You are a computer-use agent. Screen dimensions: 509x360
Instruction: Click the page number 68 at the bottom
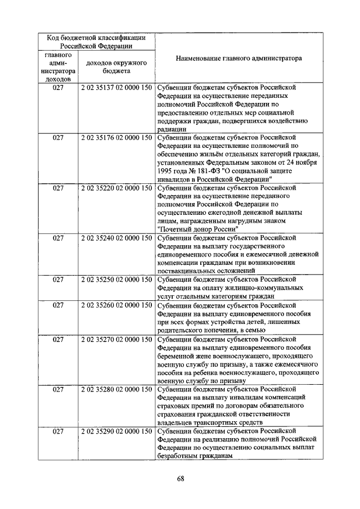(181, 478)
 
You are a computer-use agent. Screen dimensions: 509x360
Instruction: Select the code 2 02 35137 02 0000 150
(116, 88)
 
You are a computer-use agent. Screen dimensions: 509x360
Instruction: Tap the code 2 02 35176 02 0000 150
(116, 137)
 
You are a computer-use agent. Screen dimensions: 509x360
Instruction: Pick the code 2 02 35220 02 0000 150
(116, 188)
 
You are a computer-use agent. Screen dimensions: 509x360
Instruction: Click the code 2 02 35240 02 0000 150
(116, 238)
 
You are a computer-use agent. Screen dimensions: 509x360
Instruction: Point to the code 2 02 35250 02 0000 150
(116, 279)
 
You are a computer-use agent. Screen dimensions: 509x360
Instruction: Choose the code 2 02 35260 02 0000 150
(116, 305)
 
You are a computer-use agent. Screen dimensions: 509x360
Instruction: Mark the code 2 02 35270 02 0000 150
(116, 339)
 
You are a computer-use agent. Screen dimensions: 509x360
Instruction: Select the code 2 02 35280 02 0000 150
(116, 389)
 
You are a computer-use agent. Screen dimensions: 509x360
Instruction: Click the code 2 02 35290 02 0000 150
(116, 431)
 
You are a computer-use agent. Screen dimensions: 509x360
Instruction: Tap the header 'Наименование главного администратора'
(238, 58)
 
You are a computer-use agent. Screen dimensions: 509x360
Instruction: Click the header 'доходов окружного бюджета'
(116, 67)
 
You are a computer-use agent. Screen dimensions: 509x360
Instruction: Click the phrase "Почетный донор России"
(199, 229)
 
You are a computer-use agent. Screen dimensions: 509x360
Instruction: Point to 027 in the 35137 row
(58, 88)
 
